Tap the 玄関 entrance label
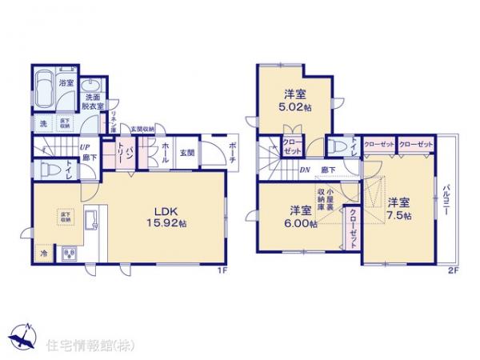tap(186, 151)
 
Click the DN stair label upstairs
tap(305, 170)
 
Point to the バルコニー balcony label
tap(446, 205)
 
